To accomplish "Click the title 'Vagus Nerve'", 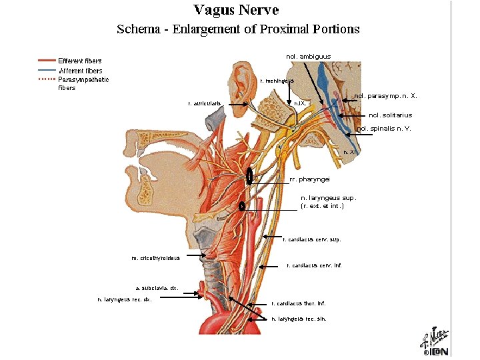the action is pyautogui.click(x=236, y=10).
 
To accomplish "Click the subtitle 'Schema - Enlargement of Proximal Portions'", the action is pyautogui.click(x=238, y=29).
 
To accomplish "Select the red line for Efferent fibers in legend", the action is pyautogui.click(x=46, y=60).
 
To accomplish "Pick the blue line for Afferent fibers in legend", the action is pyautogui.click(x=46, y=70).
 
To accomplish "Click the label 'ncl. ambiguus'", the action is pyautogui.click(x=308, y=57).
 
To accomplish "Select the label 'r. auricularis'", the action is pyautogui.click(x=205, y=103).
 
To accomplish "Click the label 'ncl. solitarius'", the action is pyautogui.click(x=390, y=115).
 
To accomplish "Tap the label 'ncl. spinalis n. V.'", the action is pyautogui.click(x=383, y=129).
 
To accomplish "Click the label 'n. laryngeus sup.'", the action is pyautogui.click(x=329, y=198).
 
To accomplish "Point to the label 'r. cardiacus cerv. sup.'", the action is pyautogui.click(x=311, y=238).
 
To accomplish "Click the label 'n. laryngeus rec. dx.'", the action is pyautogui.click(x=125, y=299).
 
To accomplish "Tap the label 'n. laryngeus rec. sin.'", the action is pyautogui.click(x=299, y=319).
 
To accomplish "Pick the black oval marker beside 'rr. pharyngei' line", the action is pyautogui.click(x=249, y=177).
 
